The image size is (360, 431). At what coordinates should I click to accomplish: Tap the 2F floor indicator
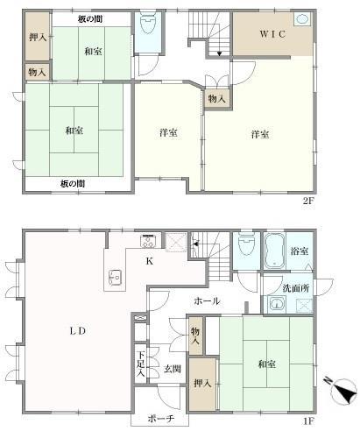(x=307, y=199)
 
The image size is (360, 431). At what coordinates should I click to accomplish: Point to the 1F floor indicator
(x=307, y=421)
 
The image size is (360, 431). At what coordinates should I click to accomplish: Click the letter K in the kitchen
(x=149, y=259)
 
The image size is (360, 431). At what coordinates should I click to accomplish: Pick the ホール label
(x=206, y=301)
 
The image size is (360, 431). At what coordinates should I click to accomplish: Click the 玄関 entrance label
(x=172, y=370)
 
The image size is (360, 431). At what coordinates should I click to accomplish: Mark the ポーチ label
(x=159, y=419)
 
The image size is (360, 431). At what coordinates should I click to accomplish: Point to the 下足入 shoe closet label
(x=140, y=364)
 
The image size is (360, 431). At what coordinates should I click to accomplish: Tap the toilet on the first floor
(x=246, y=248)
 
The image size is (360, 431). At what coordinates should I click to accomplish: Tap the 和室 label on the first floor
(x=268, y=364)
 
